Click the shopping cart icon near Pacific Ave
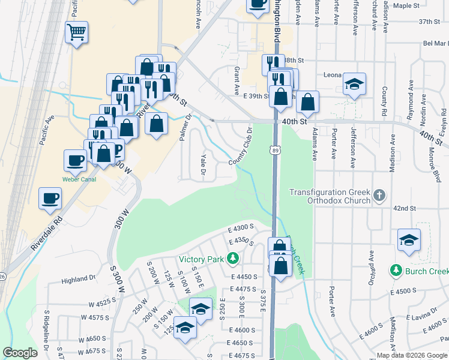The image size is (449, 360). (x=77, y=32)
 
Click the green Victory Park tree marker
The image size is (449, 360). (x=232, y=259)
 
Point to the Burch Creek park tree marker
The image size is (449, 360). (x=396, y=271)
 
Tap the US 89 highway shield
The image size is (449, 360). (x=274, y=149)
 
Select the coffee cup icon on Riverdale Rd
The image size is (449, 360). (x=50, y=199)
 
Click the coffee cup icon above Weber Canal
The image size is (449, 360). (x=75, y=160)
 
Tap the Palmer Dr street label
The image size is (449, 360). (x=184, y=128)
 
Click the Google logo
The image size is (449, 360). (x=20, y=353)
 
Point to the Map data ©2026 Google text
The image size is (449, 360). (x=411, y=355)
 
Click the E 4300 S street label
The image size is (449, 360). (x=242, y=227)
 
